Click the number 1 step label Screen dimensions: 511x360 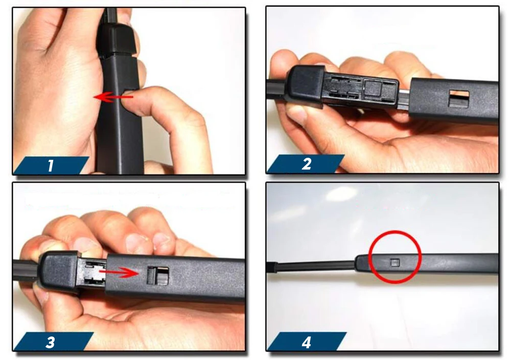[x=50, y=165]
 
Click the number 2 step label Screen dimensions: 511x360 [x=306, y=164]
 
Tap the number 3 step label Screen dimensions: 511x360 [x=50, y=343]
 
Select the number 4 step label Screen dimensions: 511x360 [x=306, y=343]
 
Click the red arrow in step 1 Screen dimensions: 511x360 [x=113, y=97]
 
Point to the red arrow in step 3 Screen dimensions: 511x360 [x=120, y=272]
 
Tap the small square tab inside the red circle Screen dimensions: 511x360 [x=395, y=262]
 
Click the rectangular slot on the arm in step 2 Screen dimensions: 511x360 [x=459, y=99]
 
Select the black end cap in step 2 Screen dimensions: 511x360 [x=305, y=84]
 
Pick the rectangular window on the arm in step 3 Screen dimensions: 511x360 [x=158, y=276]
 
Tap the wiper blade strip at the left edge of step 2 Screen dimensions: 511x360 [x=276, y=89]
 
